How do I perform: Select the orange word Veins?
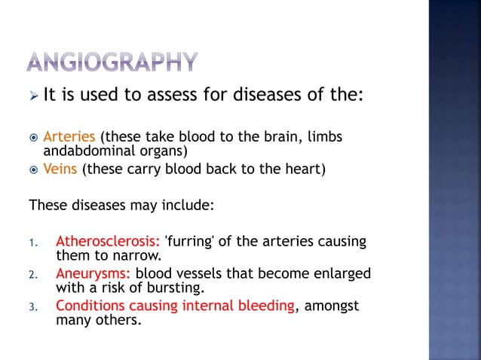60,169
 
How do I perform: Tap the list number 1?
32,243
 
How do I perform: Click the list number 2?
32,274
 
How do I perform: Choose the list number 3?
32,306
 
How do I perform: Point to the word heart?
306,169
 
